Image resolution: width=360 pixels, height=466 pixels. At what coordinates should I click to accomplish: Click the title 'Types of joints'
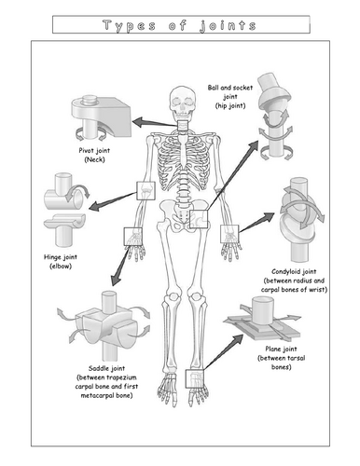[x=179, y=25]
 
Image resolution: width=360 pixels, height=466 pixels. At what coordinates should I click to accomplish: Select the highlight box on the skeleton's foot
[x=194, y=377]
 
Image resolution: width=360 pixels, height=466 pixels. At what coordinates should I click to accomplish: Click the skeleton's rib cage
[x=179, y=158]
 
